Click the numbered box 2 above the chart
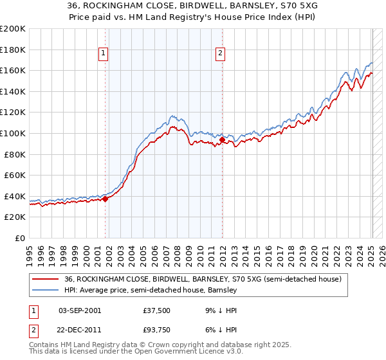pyautogui.click(x=221, y=54)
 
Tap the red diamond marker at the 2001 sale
pyautogui.click(x=105, y=199)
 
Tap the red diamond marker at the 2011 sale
pyautogui.click(x=222, y=139)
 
